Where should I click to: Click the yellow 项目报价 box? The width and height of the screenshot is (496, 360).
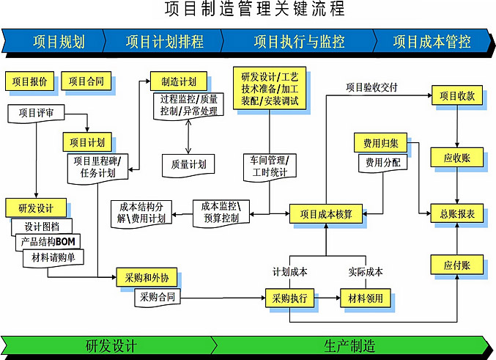(x=30, y=81)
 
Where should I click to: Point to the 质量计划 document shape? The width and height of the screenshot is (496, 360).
(x=188, y=164)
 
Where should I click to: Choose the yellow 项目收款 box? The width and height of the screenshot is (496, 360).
(x=456, y=95)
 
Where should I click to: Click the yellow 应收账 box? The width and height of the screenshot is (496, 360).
(x=456, y=156)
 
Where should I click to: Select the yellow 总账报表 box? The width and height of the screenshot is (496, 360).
(x=456, y=214)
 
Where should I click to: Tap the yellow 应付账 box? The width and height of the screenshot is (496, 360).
(x=456, y=265)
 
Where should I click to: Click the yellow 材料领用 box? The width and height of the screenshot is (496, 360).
(x=367, y=299)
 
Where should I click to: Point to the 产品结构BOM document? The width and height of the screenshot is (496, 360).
(x=50, y=242)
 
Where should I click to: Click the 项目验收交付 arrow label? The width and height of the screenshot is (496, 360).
(x=371, y=87)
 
